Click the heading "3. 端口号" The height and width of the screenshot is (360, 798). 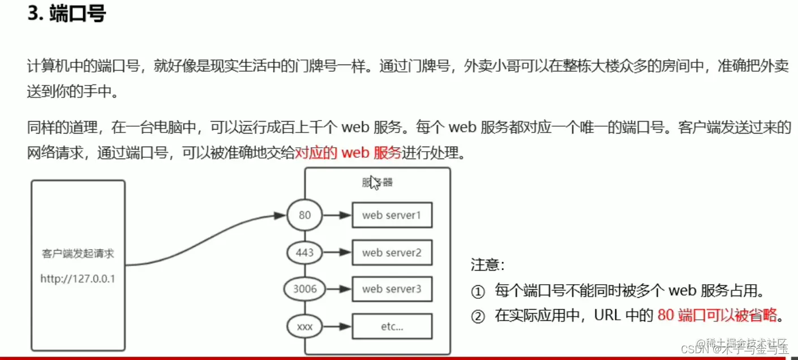[67, 14]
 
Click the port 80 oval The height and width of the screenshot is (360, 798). [304, 215]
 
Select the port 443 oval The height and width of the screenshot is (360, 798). [304, 252]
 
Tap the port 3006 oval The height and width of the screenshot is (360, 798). [304, 289]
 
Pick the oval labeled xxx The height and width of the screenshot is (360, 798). [304, 327]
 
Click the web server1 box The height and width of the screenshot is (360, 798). [392, 215]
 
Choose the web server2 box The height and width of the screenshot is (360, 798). [392, 252]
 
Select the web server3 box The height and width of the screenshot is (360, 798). [392, 289]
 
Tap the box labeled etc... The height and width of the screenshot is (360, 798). [392, 327]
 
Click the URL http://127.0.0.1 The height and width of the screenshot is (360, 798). [78, 278]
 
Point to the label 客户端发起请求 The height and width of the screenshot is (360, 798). [78, 254]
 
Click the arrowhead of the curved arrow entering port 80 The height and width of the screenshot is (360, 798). [280, 215]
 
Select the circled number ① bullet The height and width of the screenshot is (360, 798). [478, 292]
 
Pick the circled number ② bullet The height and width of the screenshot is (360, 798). [478, 316]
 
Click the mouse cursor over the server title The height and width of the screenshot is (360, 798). [374, 183]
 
